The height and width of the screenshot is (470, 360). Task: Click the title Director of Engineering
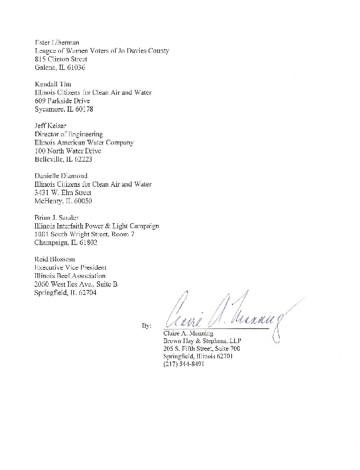pos(69,135)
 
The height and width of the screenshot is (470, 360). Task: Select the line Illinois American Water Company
pos(84,143)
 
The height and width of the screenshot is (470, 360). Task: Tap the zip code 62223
pos(80,159)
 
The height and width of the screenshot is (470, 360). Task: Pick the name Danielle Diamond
pos(61,176)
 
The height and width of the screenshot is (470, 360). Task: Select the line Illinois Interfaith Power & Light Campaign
pos(96,226)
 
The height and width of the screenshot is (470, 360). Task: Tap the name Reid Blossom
pos(55,259)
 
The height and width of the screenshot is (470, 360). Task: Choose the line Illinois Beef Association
pos(70,276)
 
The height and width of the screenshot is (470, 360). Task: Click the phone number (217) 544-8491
pos(184,364)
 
